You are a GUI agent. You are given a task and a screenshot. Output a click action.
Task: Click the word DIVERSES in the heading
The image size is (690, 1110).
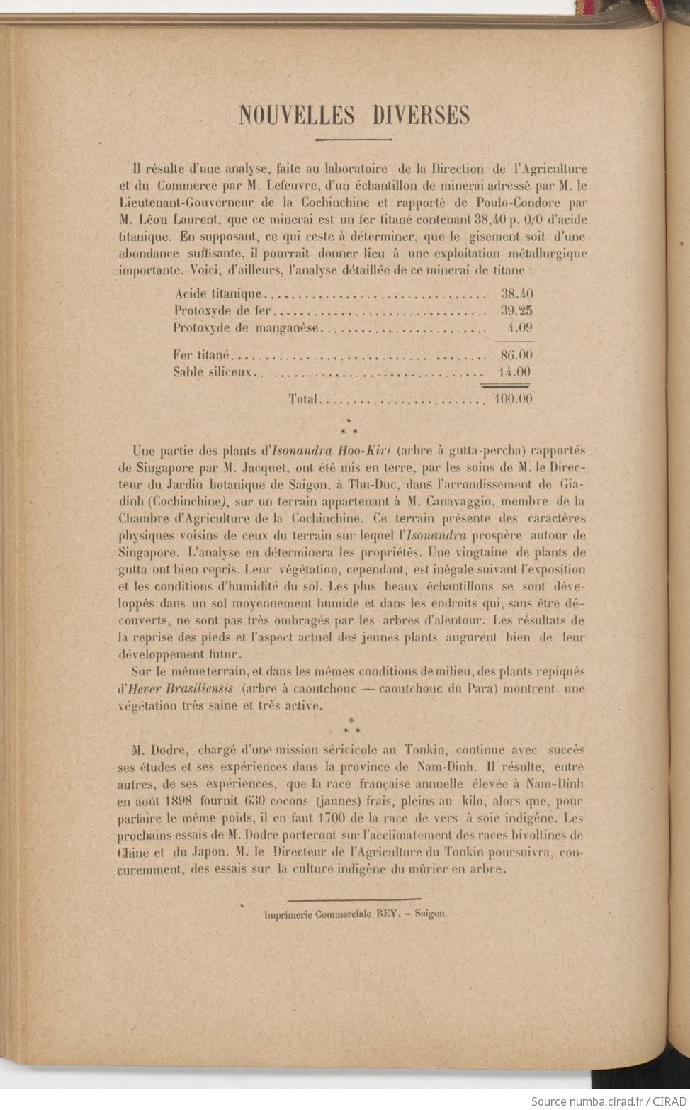coord(422,115)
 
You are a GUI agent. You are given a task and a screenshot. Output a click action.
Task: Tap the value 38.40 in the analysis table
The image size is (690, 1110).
coord(516,293)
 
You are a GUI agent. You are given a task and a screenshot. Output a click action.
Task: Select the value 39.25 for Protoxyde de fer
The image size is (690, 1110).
coord(516,310)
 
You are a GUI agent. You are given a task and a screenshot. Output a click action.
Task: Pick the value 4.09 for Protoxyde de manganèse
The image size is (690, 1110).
coord(520,327)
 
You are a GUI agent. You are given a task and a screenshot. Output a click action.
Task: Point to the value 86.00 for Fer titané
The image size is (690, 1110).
coord(516,354)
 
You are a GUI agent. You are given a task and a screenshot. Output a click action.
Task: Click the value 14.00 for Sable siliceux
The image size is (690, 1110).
coord(516,372)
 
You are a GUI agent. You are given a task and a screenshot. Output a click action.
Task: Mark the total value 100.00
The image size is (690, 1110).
coord(514,399)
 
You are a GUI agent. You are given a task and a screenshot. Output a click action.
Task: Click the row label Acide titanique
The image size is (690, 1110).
coord(217,293)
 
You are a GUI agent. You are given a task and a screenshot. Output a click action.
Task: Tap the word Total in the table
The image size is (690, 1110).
coord(302,399)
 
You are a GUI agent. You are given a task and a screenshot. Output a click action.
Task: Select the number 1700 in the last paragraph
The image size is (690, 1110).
coord(325,819)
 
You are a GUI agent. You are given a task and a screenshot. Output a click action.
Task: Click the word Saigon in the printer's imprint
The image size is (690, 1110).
coord(431,914)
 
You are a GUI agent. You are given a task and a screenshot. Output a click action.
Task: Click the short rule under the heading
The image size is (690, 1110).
coord(354,140)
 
